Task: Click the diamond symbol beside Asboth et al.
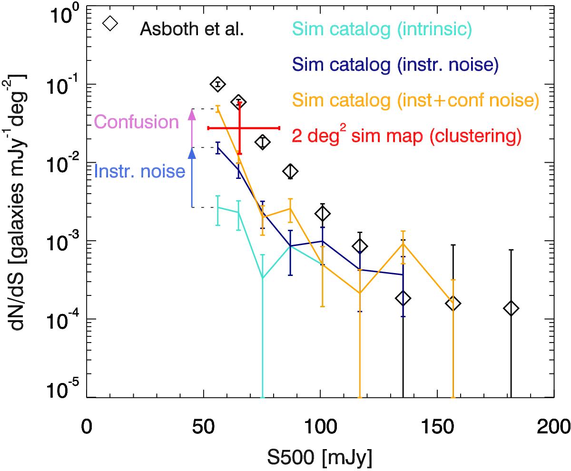pos(110,24)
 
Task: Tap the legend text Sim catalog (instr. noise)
pos(395,65)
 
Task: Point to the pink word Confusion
pos(137,123)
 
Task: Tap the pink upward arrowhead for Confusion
pos(192,114)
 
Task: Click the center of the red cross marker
pos(239,128)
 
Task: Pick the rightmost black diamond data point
pos(511,308)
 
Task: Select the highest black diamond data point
pos(217,84)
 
